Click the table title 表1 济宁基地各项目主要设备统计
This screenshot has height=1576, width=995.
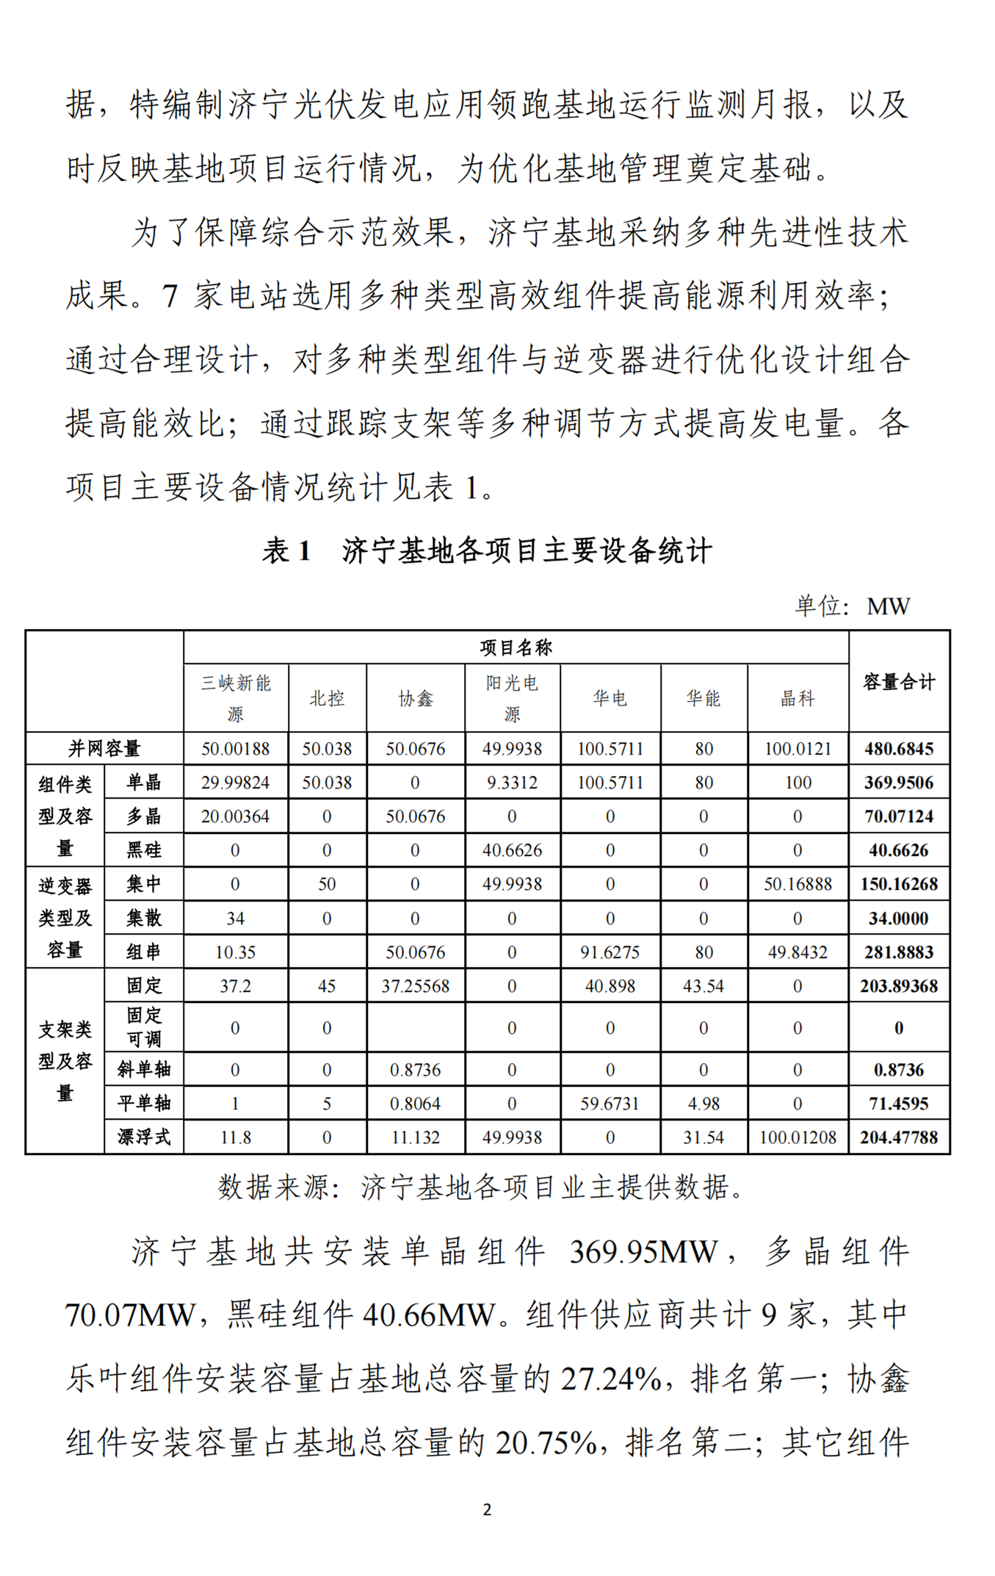(x=487, y=550)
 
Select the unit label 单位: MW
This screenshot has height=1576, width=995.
(x=852, y=606)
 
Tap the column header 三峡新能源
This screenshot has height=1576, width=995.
(x=236, y=698)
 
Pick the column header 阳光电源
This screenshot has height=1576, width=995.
(x=512, y=698)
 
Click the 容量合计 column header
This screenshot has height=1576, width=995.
(x=899, y=682)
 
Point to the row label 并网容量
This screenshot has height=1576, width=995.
(x=104, y=749)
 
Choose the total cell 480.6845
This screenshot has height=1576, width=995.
(x=899, y=749)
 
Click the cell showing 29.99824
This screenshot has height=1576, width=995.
(x=236, y=782)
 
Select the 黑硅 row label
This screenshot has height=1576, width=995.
(x=144, y=850)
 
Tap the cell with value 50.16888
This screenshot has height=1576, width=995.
(x=797, y=884)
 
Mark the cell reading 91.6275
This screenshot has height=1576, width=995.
(x=609, y=952)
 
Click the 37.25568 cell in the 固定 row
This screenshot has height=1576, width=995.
(x=415, y=986)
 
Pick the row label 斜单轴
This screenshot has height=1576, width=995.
(x=144, y=1070)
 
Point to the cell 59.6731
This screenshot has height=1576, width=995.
(x=609, y=1104)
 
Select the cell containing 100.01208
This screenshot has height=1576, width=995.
(x=797, y=1137)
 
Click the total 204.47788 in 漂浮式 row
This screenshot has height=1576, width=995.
(x=899, y=1137)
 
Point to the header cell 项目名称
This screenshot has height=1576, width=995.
(x=515, y=647)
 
